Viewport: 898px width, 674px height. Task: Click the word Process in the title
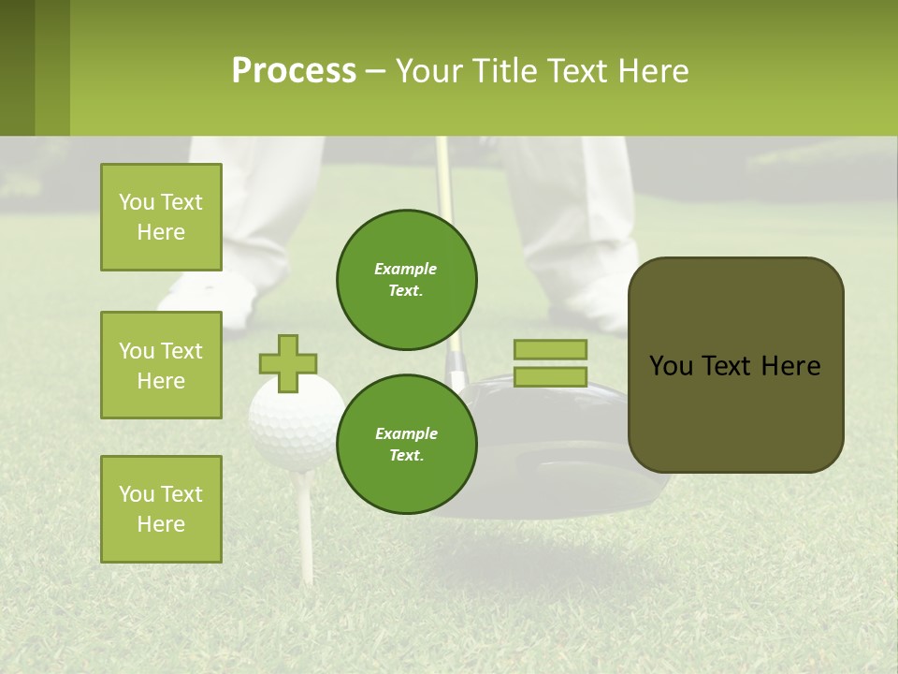click(x=294, y=70)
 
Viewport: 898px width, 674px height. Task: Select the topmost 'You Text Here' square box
click(x=161, y=217)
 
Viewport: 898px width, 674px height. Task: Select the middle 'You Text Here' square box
click(x=161, y=365)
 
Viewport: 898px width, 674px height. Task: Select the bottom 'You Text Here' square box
click(x=161, y=508)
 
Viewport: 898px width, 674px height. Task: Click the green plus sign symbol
click(x=288, y=363)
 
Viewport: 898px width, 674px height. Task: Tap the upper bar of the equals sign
click(x=550, y=349)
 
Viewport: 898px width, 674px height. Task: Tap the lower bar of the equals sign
click(x=550, y=376)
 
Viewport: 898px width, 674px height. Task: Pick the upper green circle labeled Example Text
click(x=407, y=279)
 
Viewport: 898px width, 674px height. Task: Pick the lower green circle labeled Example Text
click(x=407, y=444)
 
